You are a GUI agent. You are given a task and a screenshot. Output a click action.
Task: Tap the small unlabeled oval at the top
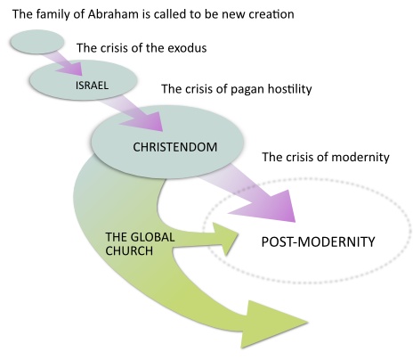(x=37, y=42)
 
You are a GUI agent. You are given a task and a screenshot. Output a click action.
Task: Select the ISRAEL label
(x=92, y=86)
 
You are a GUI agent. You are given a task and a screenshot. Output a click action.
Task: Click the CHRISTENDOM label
(x=175, y=147)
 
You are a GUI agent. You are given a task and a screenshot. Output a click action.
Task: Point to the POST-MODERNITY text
(x=318, y=241)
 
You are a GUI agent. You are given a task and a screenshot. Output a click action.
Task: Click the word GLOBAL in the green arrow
(x=152, y=237)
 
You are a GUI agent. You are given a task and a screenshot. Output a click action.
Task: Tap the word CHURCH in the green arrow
(x=129, y=251)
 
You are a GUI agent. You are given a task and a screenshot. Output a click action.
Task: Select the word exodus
(x=187, y=48)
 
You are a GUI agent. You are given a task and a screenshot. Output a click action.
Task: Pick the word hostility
(x=290, y=89)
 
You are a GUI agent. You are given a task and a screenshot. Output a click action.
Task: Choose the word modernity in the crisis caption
(x=360, y=157)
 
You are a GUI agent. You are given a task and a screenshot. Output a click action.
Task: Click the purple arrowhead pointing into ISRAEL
(x=69, y=69)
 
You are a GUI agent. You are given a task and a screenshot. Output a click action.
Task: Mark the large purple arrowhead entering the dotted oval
(x=269, y=206)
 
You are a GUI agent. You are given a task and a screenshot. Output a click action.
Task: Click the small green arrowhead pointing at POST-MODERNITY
(x=225, y=239)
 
